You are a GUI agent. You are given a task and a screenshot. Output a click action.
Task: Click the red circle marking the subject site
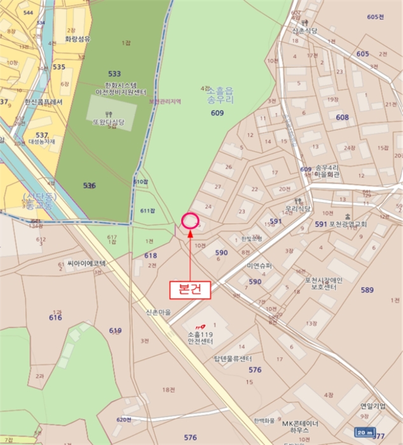190,221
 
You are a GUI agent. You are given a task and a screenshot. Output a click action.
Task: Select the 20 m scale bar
364,433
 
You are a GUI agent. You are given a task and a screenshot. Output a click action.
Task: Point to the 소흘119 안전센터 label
203,337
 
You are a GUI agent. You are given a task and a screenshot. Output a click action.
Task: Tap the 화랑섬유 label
77,39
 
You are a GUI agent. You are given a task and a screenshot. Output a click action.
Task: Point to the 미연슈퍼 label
259,265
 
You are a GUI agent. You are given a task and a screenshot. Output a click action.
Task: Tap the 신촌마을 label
160,313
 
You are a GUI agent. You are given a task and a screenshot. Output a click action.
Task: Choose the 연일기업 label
372,405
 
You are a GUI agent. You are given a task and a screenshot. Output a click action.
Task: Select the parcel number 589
367,290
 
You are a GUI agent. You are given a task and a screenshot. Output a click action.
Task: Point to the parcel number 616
55,317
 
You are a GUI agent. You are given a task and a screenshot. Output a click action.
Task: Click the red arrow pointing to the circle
191,254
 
